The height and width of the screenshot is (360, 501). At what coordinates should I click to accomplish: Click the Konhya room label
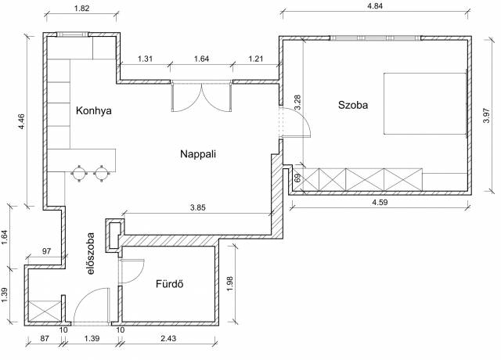94,111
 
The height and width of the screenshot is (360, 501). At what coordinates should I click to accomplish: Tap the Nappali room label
198,154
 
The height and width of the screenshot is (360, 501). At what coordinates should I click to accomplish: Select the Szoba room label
353,105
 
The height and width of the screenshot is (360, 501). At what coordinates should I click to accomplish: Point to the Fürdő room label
170,283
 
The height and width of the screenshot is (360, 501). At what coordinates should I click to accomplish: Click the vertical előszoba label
91,254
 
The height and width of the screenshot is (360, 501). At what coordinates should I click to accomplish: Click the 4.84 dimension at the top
375,6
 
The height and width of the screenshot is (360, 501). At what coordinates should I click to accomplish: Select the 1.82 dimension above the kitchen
81,9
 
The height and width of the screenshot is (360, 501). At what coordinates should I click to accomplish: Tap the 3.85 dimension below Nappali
198,207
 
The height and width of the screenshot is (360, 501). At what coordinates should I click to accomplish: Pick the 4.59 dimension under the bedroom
380,202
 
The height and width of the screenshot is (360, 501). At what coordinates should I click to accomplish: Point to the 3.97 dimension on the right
486,116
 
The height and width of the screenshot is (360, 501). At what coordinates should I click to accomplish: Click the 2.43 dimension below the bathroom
168,338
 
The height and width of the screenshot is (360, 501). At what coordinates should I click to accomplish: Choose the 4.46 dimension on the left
22,122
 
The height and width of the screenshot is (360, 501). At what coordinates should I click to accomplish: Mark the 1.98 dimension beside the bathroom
229,283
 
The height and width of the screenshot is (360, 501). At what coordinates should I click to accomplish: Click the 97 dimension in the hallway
47,251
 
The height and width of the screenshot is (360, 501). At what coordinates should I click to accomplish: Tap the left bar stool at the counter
79,174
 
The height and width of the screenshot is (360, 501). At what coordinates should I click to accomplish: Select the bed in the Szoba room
425,103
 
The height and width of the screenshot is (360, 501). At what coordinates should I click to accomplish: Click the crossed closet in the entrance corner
45,311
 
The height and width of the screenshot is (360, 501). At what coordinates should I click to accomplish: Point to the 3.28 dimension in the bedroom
297,103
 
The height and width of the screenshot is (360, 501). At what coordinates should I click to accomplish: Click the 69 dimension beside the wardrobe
297,178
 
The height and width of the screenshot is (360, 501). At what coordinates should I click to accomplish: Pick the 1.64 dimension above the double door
202,59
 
